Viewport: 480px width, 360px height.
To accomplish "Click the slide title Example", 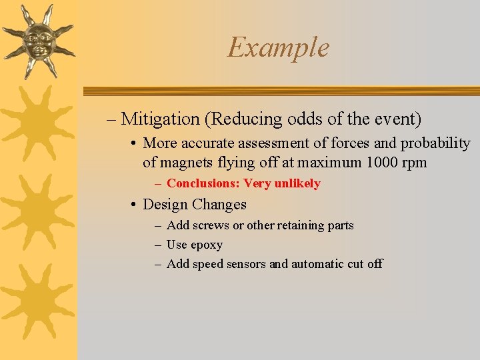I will [278, 47].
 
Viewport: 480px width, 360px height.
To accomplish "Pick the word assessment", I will [279, 143].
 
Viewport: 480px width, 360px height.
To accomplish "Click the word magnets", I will [185, 162].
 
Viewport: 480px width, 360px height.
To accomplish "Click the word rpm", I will [413, 163].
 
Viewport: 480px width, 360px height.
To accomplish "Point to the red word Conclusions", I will [203, 183].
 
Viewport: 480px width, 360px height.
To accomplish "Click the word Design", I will [165, 205].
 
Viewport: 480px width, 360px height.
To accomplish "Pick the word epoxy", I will [206, 245].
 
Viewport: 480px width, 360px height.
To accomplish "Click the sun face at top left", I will [37, 40].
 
